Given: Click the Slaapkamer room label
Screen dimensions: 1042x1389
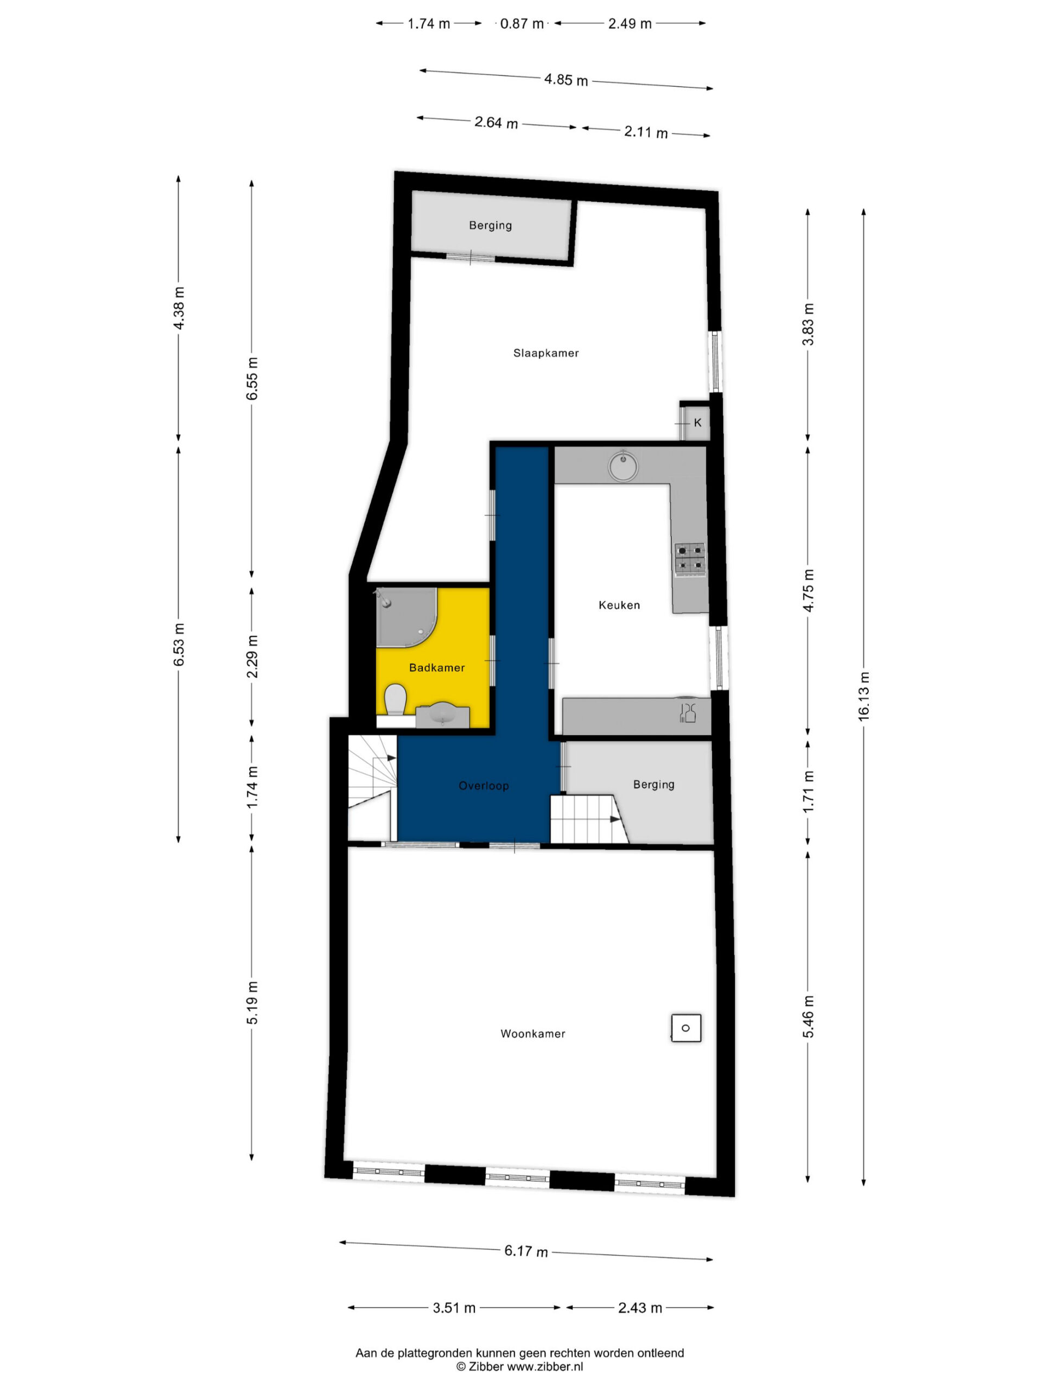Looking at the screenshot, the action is pyautogui.click(x=546, y=353).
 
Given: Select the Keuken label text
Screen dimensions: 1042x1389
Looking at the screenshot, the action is pyautogui.click(x=619, y=606).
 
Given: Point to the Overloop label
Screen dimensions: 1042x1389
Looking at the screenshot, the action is pyautogui.click(x=484, y=786).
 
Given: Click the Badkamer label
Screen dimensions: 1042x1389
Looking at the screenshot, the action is pyautogui.click(x=437, y=667).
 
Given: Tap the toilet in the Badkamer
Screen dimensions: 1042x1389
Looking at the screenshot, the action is pyautogui.click(x=395, y=699).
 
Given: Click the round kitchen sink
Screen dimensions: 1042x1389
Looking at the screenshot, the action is pyautogui.click(x=622, y=466).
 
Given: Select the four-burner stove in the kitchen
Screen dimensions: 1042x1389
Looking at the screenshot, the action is pyautogui.click(x=690, y=559).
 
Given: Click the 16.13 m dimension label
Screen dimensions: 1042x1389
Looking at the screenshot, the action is pyautogui.click(x=864, y=696).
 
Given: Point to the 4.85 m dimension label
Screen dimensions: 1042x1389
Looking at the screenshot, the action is pyautogui.click(x=566, y=80).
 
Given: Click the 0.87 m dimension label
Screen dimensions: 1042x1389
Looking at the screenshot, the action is pyautogui.click(x=522, y=24).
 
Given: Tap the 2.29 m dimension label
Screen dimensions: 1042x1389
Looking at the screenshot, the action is pyautogui.click(x=252, y=656).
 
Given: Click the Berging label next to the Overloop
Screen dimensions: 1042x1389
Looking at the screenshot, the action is pyautogui.click(x=654, y=784).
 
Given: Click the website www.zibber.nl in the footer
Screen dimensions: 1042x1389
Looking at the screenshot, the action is pyautogui.click(x=545, y=1366).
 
